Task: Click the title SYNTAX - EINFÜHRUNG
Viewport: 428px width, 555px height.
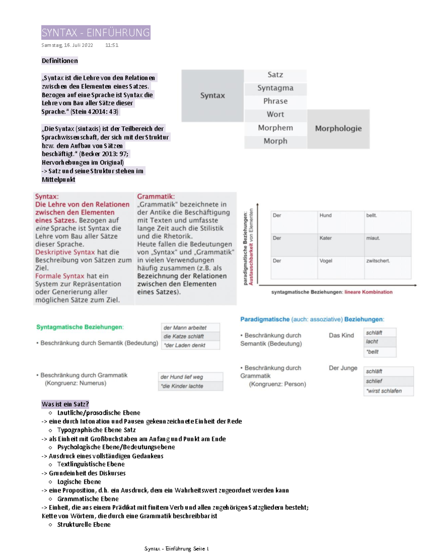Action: point(96,32)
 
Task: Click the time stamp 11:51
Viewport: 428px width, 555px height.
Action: point(112,45)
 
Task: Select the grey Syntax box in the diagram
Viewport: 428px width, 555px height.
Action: point(213,96)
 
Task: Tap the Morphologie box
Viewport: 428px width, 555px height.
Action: point(338,129)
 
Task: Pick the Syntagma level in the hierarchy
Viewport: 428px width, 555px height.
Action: point(275,88)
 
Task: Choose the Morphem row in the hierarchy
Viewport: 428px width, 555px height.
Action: point(275,128)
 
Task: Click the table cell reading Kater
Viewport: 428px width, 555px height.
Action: point(340,245)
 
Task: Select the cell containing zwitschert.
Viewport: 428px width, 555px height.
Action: point(387,267)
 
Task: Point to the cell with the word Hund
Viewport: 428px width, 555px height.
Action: point(340,222)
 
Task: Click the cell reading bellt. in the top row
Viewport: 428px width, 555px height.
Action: point(387,222)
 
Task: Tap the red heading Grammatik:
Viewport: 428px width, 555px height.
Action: point(156,197)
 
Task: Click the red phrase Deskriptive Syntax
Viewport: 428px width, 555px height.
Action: point(65,252)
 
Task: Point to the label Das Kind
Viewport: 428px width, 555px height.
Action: point(341,335)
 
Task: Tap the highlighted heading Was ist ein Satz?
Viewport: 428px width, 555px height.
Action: point(65,404)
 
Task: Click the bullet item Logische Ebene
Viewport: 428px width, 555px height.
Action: point(79,482)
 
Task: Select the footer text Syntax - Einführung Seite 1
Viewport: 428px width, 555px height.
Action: point(177,549)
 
